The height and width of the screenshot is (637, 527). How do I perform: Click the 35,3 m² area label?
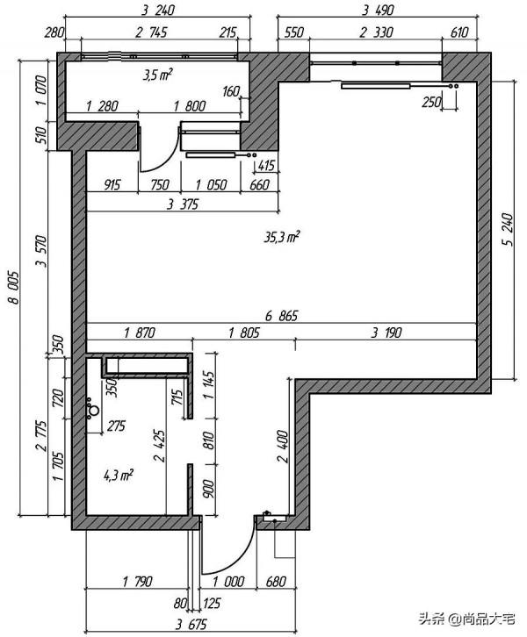[282, 237]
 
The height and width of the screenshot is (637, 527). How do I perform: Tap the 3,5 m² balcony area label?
[156, 75]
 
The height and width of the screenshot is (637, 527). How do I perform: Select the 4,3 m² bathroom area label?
[119, 475]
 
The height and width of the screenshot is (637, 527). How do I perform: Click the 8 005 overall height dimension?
[13, 287]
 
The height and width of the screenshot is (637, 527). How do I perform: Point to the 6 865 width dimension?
[281, 315]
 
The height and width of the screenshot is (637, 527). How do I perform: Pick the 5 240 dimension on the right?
[508, 230]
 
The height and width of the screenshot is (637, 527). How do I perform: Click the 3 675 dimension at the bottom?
[191, 624]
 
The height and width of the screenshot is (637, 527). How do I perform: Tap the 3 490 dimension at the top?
[378, 10]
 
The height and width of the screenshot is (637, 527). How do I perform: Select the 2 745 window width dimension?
[151, 32]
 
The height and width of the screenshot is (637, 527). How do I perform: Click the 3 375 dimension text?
[183, 204]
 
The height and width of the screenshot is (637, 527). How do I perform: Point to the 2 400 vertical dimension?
[282, 447]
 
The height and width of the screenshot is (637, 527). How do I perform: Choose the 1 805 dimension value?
[243, 333]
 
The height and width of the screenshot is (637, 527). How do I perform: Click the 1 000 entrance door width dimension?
[228, 582]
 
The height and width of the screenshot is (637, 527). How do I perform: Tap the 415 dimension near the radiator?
[266, 165]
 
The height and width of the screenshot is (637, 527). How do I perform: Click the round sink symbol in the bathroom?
[94, 411]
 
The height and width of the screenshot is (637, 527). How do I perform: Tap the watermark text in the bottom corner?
[467, 619]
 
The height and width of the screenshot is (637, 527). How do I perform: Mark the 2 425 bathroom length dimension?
[159, 446]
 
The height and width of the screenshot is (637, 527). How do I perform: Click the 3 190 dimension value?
[386, 333]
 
